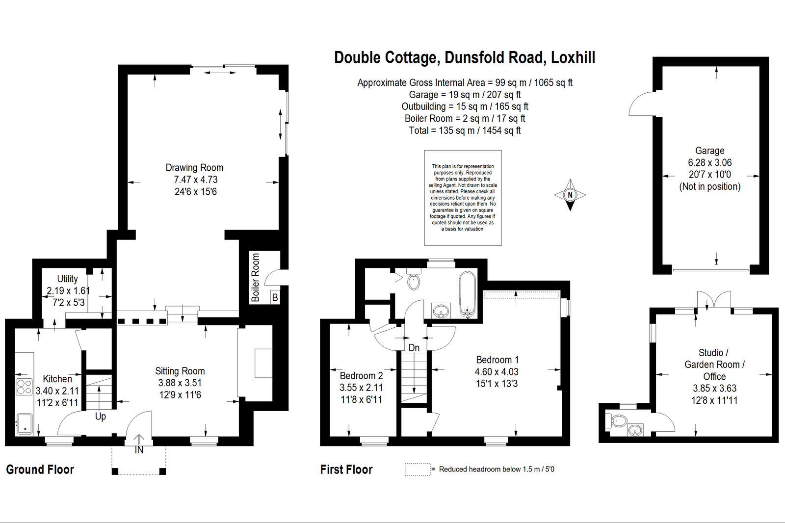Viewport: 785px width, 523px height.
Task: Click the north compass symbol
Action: (570, 195)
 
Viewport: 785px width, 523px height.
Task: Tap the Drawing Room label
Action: (194, 168)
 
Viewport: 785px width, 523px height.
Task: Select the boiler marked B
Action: (275, 297)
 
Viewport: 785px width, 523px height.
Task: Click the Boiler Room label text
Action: (256, 277)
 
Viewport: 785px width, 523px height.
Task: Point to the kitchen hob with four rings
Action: (24, 387)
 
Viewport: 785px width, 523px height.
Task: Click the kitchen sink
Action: (24, 424)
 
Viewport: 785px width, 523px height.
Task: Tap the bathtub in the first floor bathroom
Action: (467, 294)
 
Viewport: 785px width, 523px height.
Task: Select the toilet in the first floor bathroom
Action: (414, 279)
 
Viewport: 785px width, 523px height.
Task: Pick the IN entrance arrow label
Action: (139, 450)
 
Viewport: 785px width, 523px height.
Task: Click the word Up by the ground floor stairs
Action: (101, 417)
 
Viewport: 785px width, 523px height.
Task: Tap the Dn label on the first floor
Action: (414, 348)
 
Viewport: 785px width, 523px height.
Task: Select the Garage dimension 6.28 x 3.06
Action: (710, 163)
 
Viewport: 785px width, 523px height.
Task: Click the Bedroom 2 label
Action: (361, 376)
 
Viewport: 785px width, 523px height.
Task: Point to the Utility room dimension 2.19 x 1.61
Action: (68, 290)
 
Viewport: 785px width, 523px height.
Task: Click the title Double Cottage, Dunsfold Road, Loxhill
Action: (465, 58)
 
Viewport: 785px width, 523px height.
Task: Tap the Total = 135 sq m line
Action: (465, 131)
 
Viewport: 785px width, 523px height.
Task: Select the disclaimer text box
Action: (463, 198)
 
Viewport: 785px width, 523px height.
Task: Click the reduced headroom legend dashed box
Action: (418, 470)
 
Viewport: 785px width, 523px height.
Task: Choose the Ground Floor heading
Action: (40, 470)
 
